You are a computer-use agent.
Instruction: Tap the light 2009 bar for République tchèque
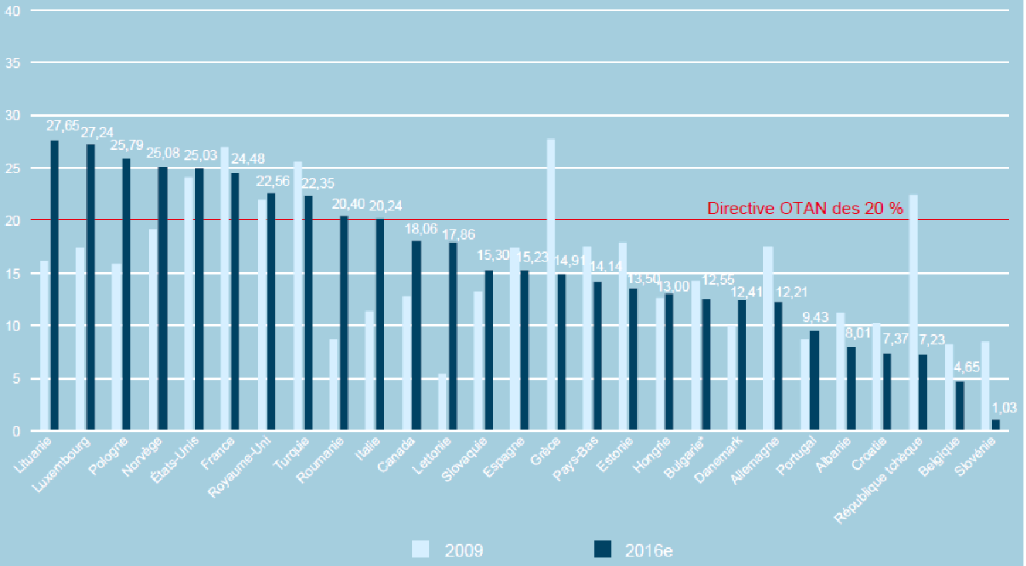(914, 313)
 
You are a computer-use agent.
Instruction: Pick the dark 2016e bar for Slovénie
(994, 425)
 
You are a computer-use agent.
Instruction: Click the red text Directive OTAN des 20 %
(805, 208)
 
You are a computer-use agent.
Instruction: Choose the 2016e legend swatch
(601, 549)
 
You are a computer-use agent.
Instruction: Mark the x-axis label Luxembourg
(83, 465)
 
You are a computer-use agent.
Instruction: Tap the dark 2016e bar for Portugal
(815, 381)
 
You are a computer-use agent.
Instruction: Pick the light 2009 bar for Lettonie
(443, 402)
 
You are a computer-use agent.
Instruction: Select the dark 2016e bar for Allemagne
(778, 367)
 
